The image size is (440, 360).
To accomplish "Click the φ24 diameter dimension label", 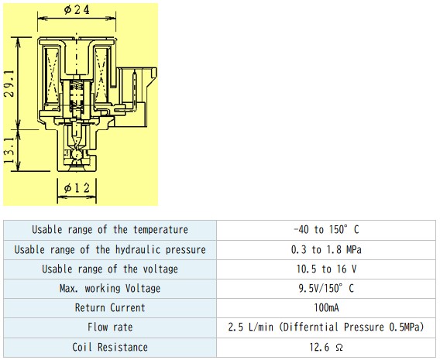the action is point(77,10).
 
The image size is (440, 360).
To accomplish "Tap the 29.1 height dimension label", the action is point(9,84).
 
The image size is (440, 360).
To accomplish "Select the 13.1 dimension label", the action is point(9,150).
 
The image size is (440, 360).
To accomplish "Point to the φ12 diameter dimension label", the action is point(77,187).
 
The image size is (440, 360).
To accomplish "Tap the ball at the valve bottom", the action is point(77,155).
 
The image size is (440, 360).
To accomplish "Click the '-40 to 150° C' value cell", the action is point(326,230).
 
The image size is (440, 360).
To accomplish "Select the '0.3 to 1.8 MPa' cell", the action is point(326,249).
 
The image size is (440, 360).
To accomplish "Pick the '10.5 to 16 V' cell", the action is point(326,269).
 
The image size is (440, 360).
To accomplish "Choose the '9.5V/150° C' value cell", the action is point(326,289).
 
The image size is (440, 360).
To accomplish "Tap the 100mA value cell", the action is point(326,308).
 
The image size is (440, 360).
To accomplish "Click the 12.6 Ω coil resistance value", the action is point(326,348).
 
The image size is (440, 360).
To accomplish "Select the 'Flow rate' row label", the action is point(110,327).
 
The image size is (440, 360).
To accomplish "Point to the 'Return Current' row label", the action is point(110,308).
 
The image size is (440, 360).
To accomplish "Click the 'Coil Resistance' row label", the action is point(110,348).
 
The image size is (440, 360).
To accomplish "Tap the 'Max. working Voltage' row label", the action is point(110,289).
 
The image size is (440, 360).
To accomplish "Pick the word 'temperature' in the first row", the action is point(160,230).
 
